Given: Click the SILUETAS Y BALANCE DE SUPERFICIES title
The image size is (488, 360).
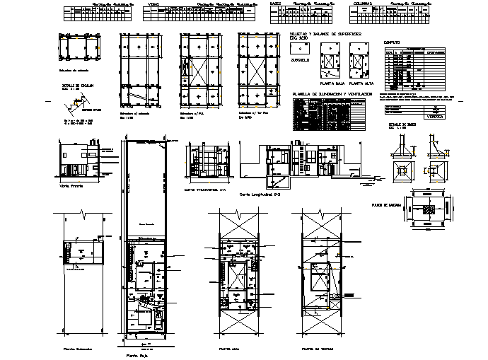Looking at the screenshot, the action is coord(325,34).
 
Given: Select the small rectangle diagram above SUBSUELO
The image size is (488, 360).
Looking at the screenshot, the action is coord(299,48).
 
